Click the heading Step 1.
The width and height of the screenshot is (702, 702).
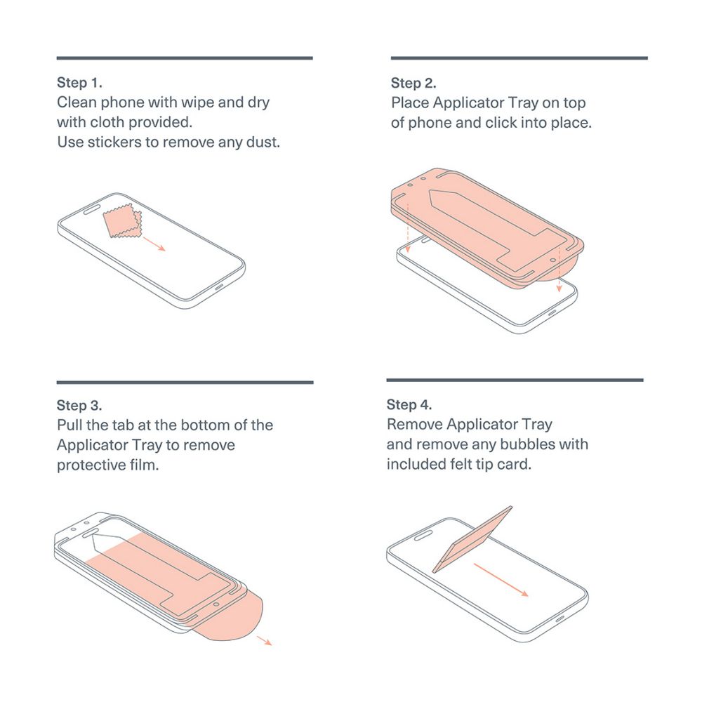[x=79, y=82]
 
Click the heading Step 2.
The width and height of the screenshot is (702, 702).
[x=413, y=83]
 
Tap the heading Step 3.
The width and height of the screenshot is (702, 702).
[x=79, y=405]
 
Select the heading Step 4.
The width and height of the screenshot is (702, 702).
[x=409, y=404]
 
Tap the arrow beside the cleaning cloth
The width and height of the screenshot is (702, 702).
[x=154, y=244]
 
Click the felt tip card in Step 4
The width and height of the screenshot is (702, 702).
[x=472, y=539]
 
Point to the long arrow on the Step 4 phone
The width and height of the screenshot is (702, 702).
[x=501, y=581]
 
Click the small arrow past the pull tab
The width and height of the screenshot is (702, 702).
[x=265, y=640]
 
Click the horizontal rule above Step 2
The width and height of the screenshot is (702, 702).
[x=519, y=58]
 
